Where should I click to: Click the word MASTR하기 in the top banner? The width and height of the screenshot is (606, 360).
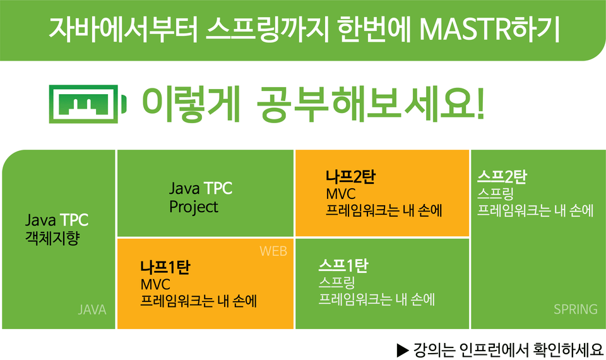tap(490, 29)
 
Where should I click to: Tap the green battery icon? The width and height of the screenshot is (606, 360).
tap(88, 104)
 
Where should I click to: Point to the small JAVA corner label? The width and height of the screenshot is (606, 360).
tap(92, 309)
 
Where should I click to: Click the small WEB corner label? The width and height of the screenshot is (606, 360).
tap(273, 251)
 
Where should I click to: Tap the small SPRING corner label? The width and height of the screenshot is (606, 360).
tap(576, 309)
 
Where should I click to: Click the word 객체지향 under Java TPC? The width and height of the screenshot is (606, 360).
tap(52, 238)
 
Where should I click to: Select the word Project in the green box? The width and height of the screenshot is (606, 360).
tap(194, 207)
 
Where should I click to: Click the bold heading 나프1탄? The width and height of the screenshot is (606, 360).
tap(165, 267)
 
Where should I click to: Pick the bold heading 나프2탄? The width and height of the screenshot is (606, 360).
tap(350, 177)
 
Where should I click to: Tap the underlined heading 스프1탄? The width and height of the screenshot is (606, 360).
tap(343, 266)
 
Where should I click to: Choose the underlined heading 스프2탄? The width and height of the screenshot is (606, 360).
tap(502, 177)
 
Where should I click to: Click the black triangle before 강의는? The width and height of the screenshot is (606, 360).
tap(403, 351)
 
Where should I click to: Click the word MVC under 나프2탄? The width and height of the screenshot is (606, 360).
tap(340, 194)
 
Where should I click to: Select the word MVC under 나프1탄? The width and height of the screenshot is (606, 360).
tap(155, 285)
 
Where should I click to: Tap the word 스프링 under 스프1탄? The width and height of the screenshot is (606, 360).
tap(336, 283)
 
